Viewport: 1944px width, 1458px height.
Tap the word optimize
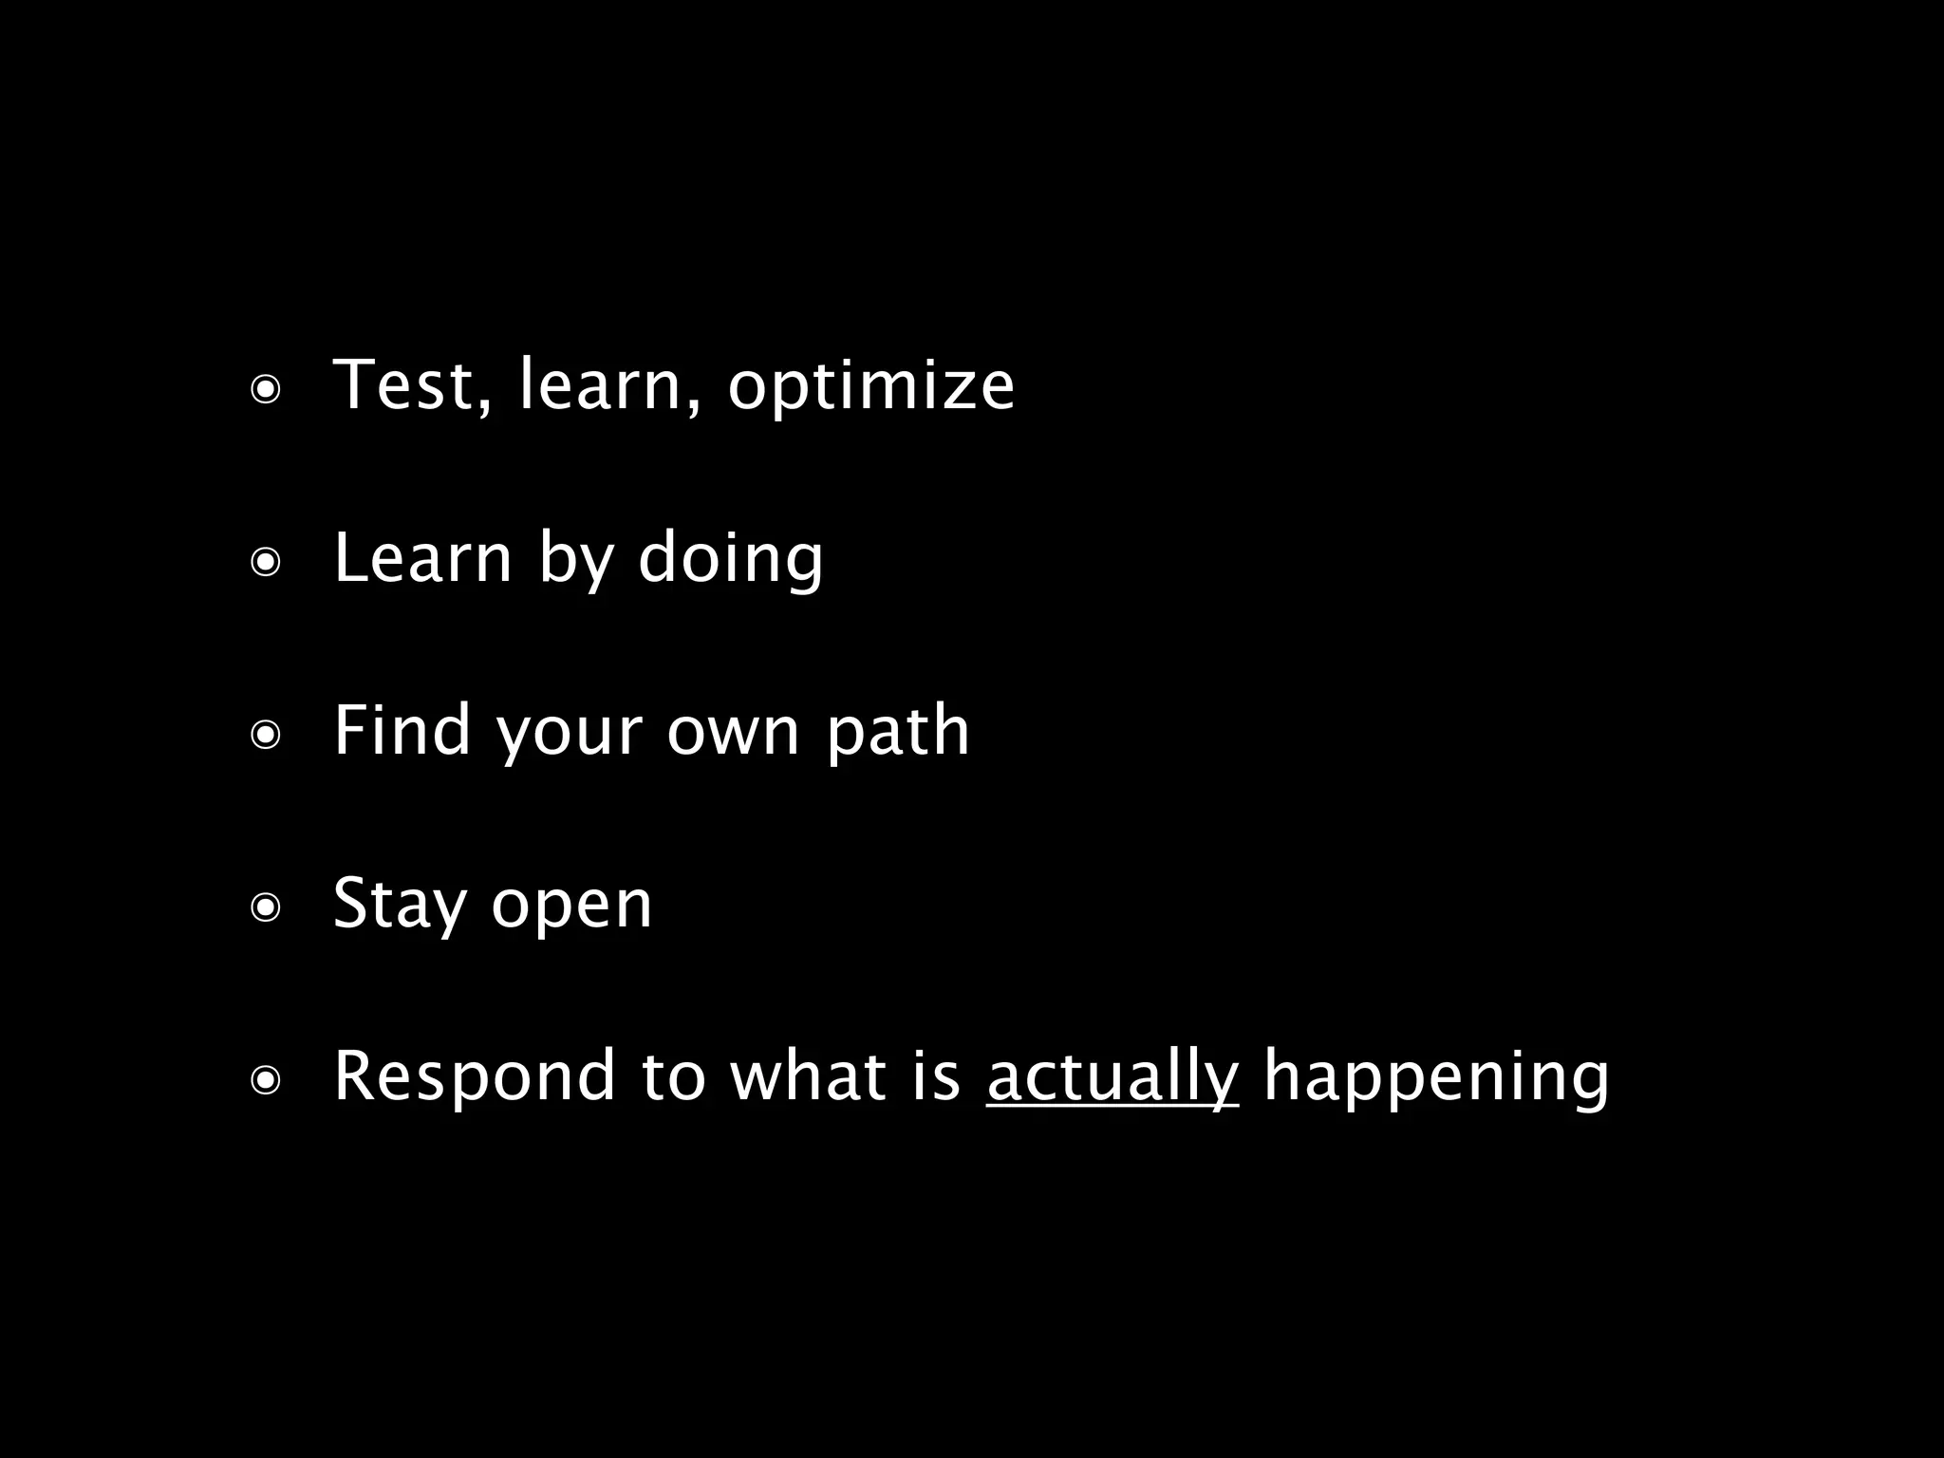[x=870, y=387]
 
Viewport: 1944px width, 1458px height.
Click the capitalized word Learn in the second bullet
[x=422, y=558]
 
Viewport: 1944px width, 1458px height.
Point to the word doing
[x=730, y=558]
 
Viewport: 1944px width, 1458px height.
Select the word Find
[x=402, y=731]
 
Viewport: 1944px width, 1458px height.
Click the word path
[x=898, y=731]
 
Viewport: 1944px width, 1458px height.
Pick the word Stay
[x=400, y=904]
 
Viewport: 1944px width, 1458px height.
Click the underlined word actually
[x=1112, y=1077]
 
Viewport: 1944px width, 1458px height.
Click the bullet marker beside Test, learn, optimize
[x=266, y=390]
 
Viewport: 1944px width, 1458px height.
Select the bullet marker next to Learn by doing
[x=266, y=563]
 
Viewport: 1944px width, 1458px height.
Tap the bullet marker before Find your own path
[x=266, y=736]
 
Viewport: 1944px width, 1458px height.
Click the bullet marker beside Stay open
[x=266, y=908]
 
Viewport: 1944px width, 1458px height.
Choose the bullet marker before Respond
[x=266, y=1081]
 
